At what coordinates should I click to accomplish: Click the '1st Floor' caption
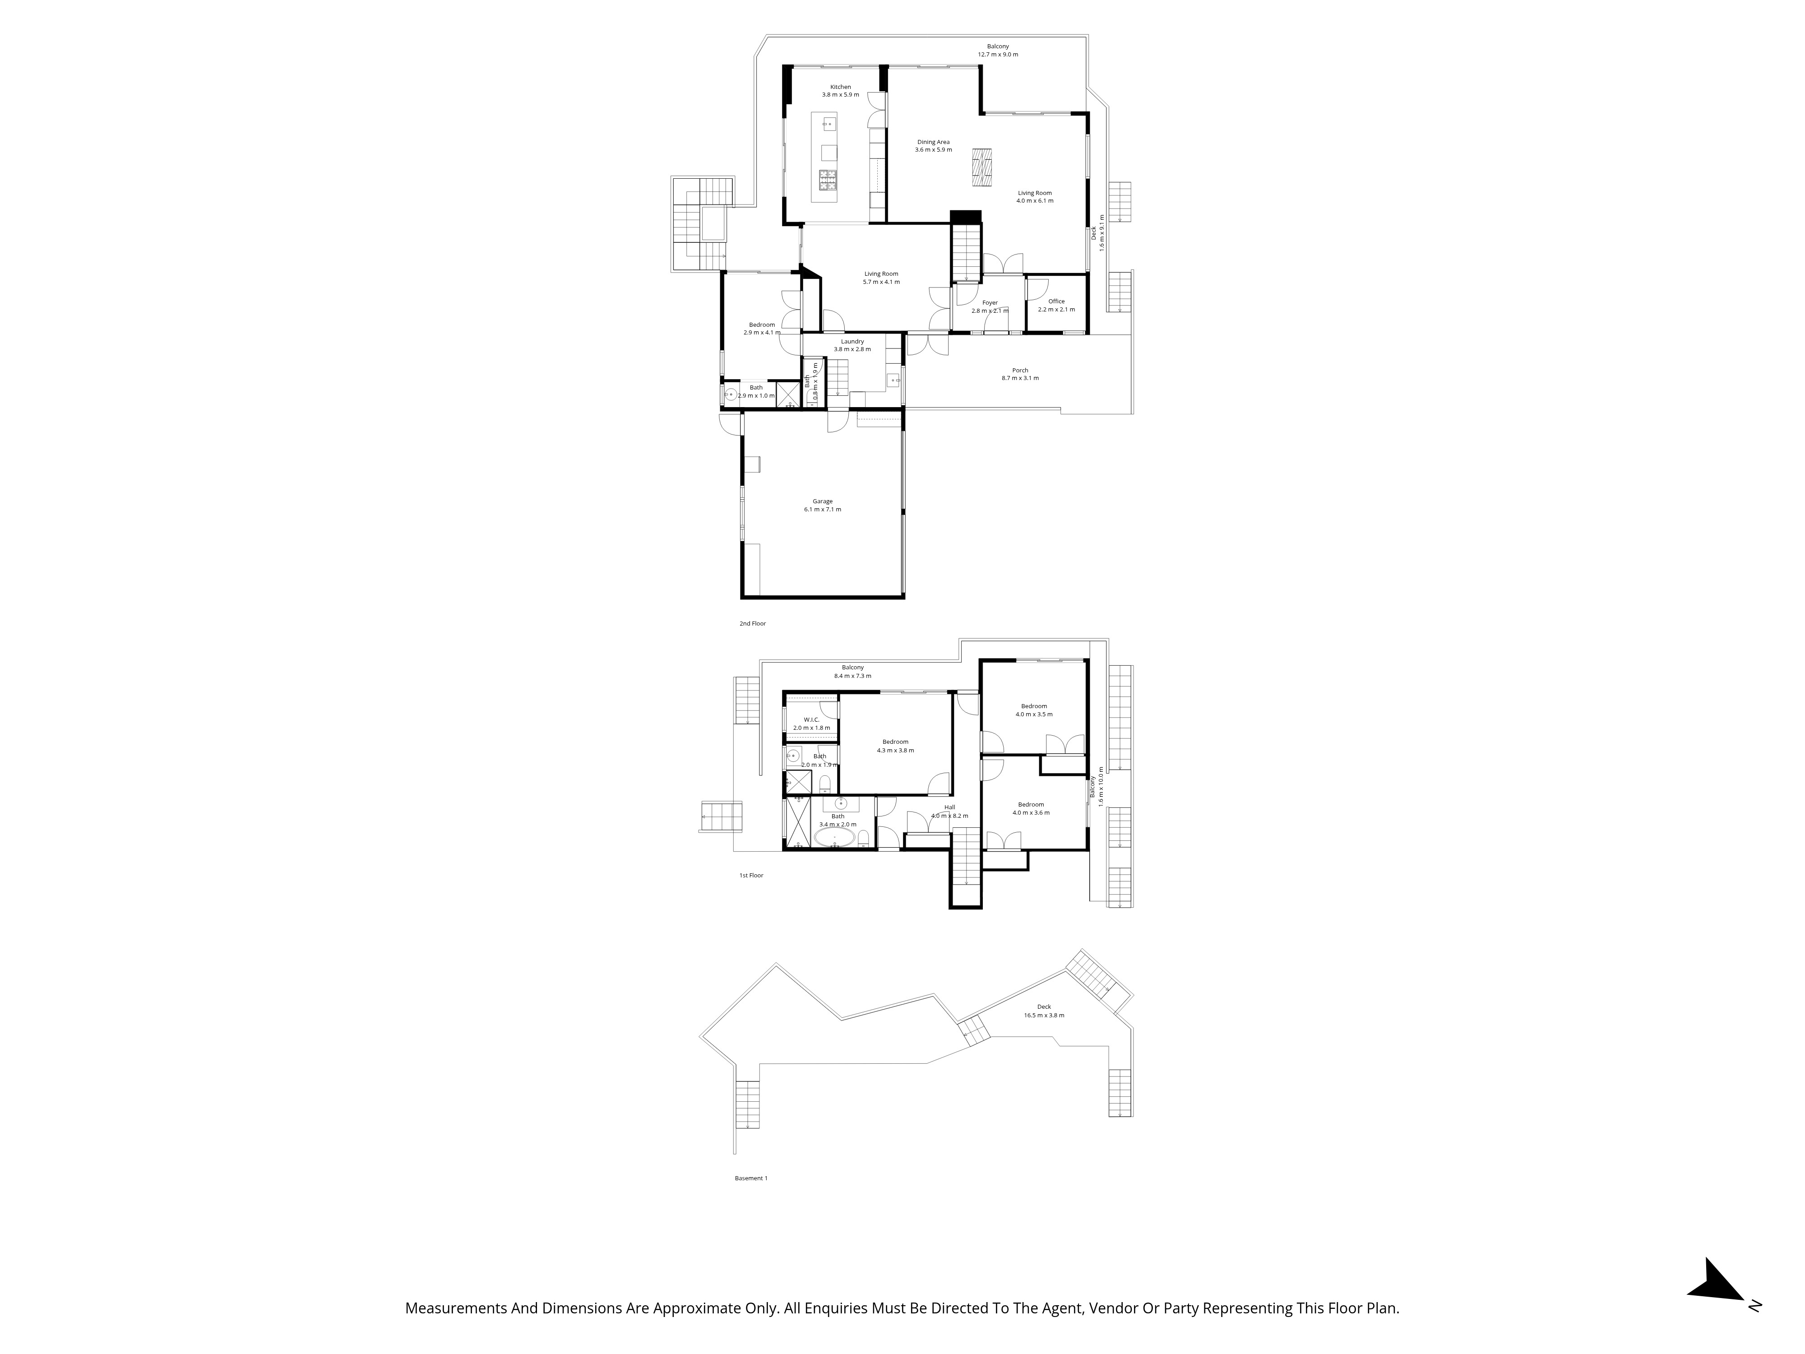coord(751,876)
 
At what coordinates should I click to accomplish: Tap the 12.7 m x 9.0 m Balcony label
coord(998,51)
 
